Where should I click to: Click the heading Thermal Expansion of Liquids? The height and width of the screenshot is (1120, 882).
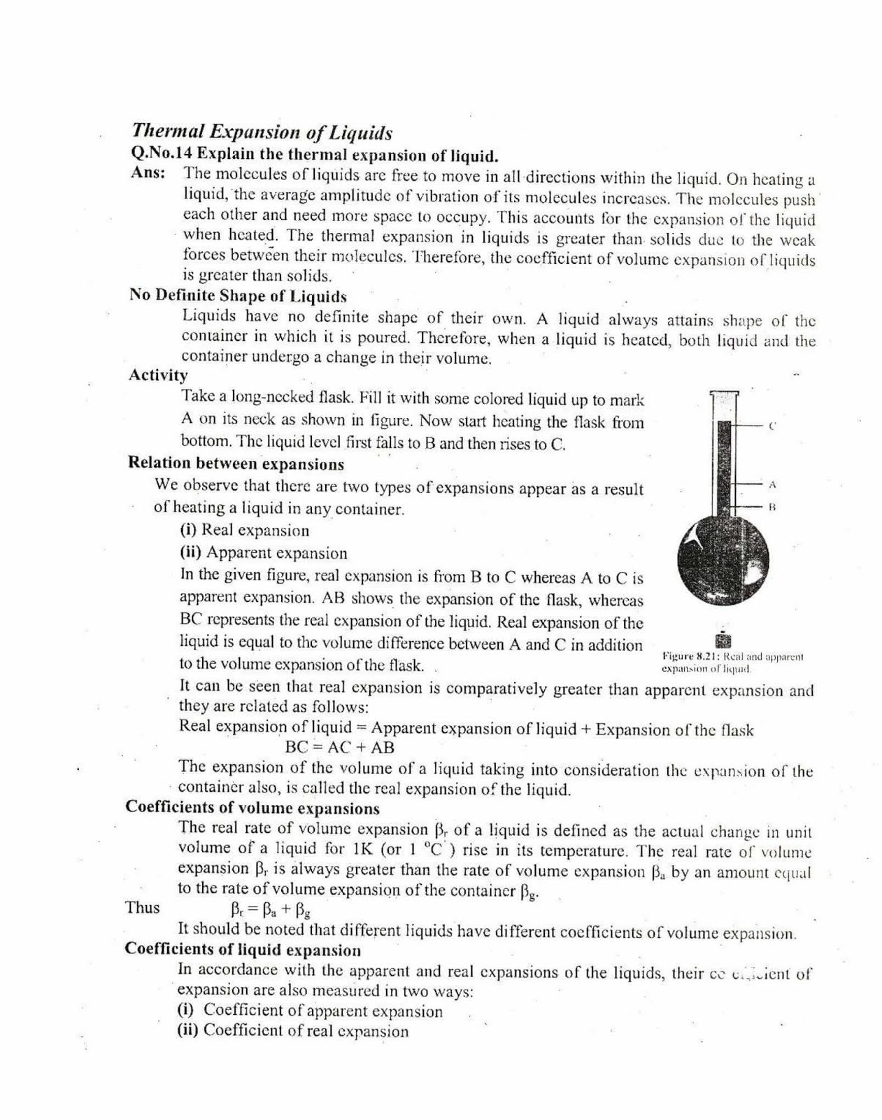pos(262,132)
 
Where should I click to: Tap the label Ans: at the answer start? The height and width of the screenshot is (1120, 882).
pos(148,173)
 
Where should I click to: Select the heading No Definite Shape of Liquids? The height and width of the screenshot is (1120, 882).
pos(238,295)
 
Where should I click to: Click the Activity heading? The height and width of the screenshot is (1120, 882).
pos(158,375)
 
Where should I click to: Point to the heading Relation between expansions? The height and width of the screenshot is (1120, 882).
pos(236,463)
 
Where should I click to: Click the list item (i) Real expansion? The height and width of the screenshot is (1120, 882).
pos(244,531)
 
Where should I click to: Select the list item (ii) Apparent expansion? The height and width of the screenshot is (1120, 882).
pos(263,553)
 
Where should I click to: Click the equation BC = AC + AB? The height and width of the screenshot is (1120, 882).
pos(340,747)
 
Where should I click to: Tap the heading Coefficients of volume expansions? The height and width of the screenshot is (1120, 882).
pos(252,808)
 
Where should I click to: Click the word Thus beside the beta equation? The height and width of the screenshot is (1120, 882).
pos(143,908)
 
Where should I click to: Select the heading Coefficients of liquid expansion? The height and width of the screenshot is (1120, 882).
pos(243,950)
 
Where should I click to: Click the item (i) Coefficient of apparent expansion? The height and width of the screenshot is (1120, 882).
pos(310,1011)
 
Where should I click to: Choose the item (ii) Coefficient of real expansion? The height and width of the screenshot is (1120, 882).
pos(292,1031)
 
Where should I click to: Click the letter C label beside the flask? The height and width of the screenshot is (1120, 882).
pos(772,425)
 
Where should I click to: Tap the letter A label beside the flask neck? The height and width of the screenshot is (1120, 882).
pos(772,484)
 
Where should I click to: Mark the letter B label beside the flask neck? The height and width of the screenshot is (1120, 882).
pos(772,505)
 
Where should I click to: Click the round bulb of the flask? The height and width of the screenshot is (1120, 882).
pos(723,560)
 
